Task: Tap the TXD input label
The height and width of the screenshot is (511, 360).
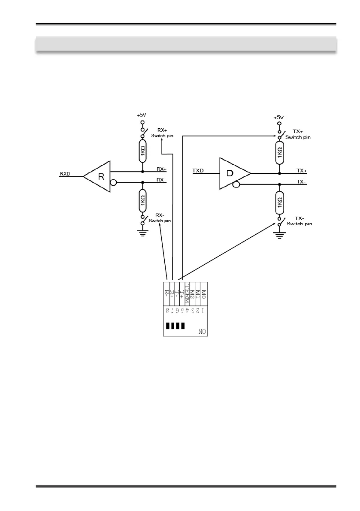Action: click(198, 171)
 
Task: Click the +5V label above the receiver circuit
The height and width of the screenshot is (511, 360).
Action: click(141, 115)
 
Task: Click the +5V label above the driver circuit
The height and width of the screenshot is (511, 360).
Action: click(279, 117)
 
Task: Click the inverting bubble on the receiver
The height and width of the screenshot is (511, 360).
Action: click(114, 182)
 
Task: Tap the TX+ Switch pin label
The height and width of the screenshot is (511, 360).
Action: click(298, 134)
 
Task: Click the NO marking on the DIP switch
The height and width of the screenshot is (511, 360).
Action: click(203, 331)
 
